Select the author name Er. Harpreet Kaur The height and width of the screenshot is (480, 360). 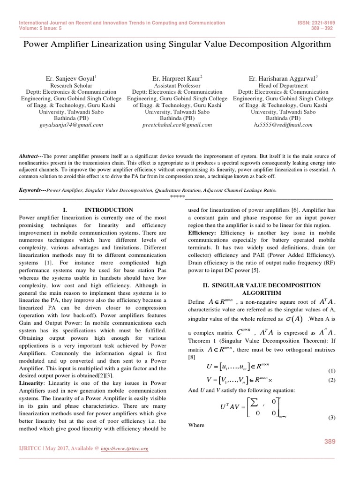pos(177,79)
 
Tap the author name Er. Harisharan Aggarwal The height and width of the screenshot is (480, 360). pos(283,79)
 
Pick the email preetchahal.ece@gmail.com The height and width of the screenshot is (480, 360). pos(177,125)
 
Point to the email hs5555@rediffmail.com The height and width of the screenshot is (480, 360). pos(284,125)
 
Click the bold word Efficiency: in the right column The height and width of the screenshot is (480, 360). pos(202,232)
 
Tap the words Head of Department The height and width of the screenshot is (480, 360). pos(283,86)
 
